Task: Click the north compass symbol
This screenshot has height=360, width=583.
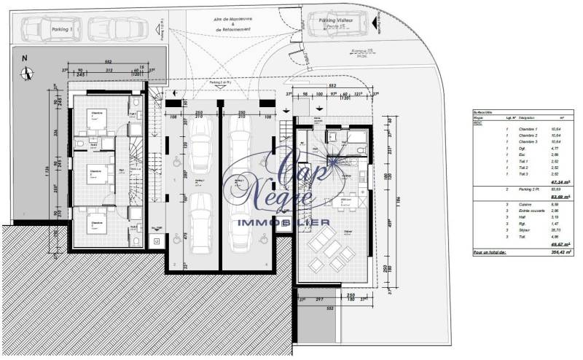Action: point(26,71)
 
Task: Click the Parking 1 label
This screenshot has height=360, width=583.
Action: point(62,29)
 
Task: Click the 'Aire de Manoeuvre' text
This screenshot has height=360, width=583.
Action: point(232,23)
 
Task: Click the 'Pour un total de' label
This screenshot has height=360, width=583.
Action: point(490,251)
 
